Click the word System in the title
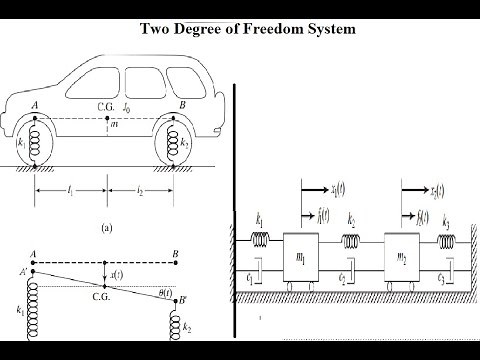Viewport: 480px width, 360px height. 332,29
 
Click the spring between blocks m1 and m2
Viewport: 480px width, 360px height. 352,241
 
